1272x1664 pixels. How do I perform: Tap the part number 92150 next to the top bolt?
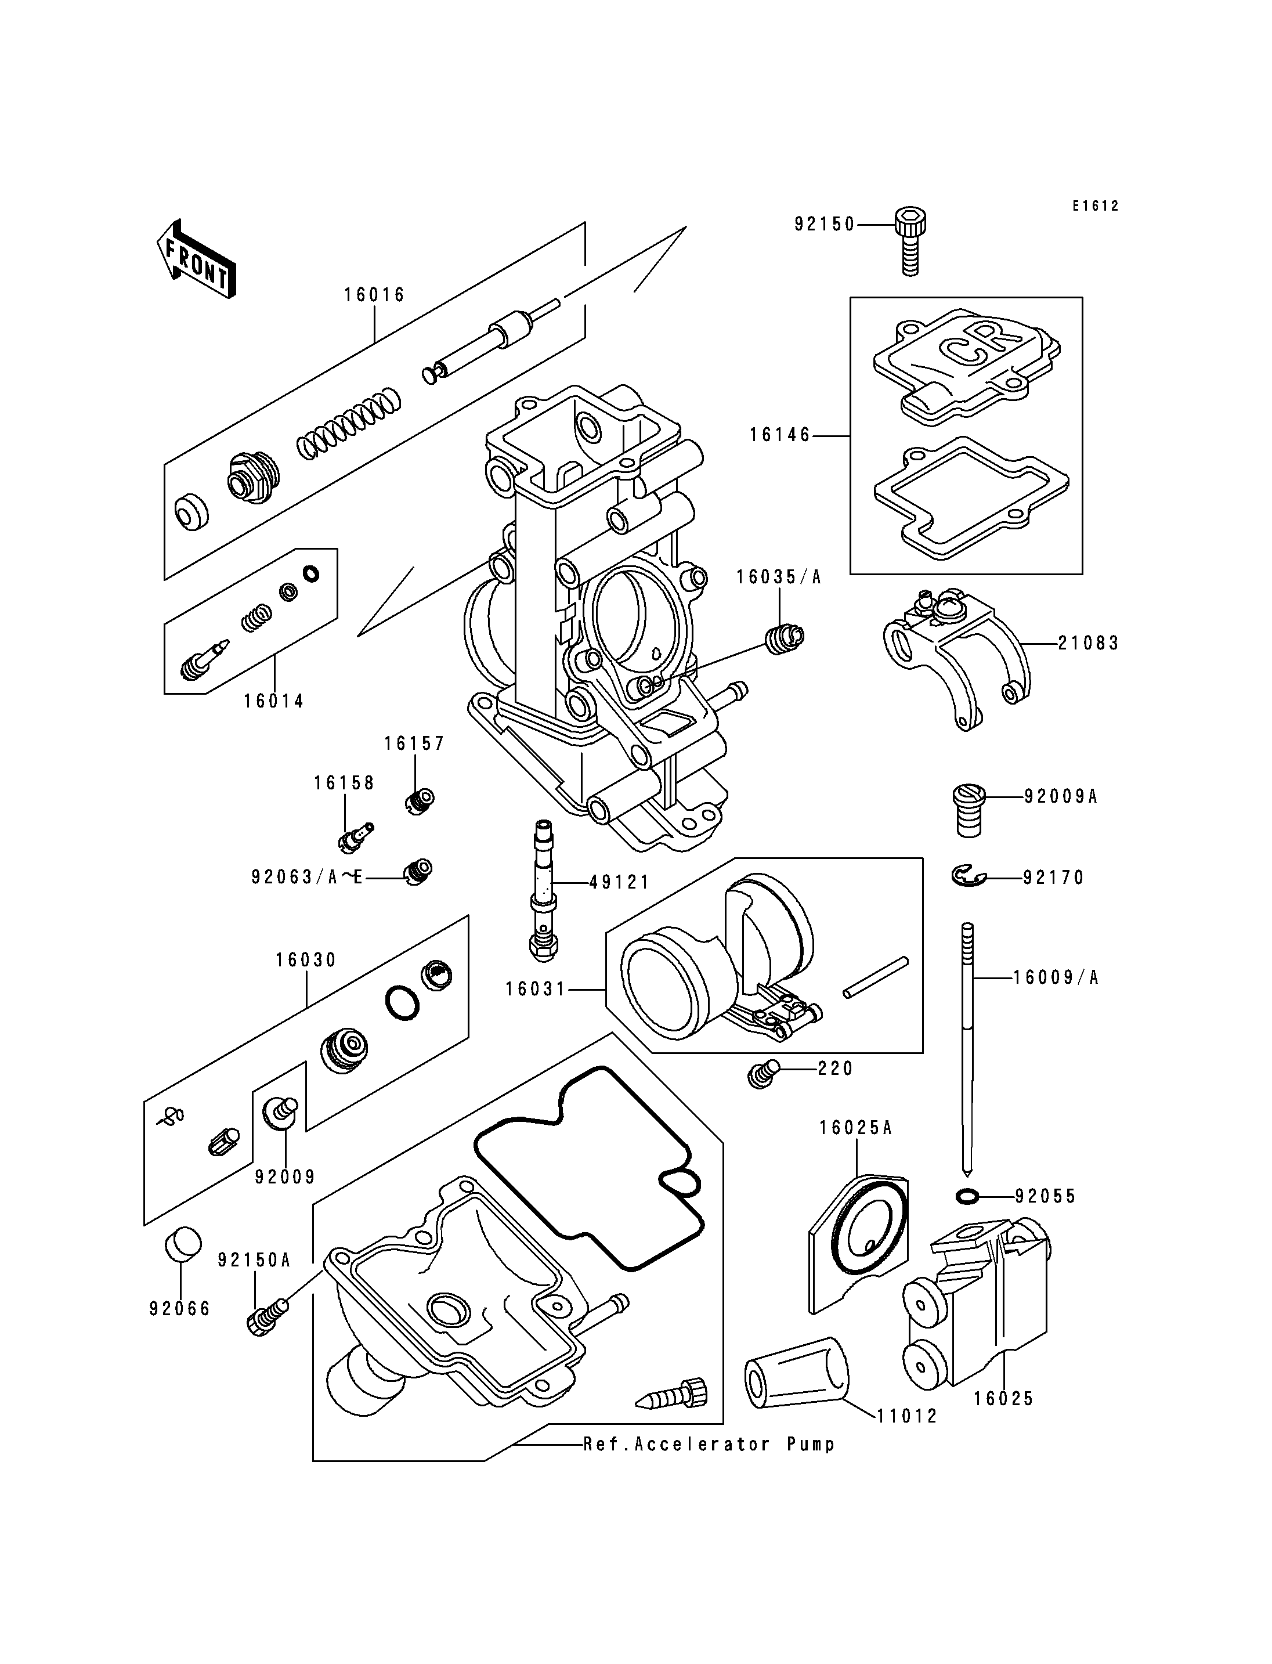[x=825, y=224]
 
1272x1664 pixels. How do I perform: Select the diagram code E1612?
[x=1095, y=206]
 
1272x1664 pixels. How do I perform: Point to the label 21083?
[x=1088, y=643]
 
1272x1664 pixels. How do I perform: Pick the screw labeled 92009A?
[x=969, y=810]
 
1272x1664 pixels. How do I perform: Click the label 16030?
[x=306, y=959]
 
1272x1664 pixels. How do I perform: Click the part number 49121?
[x=619, y=882]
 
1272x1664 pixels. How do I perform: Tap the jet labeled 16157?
[x=417, y=800]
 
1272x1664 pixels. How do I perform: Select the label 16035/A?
[x=778, y=577]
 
